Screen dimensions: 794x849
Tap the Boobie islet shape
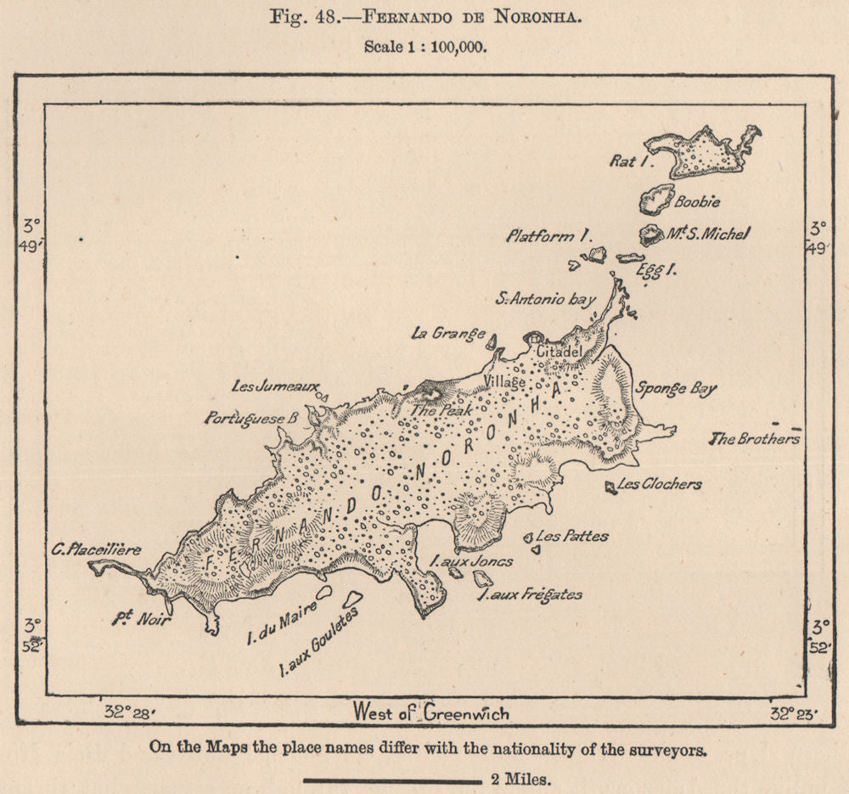[656, 198]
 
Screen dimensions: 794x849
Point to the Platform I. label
[548, 237]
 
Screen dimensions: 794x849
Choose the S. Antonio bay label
[545, 299]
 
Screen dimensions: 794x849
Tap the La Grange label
[448, 334]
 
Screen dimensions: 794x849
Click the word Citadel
[559, 351]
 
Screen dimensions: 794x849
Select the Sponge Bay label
[677, 389]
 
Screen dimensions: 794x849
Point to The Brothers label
[756, 439]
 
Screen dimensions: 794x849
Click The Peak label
[437, 409]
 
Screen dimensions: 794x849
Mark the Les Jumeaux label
[274, 386]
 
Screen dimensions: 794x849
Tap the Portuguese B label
[249, 419]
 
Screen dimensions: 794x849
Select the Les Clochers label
[659, 485]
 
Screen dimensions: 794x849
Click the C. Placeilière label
[95, 549]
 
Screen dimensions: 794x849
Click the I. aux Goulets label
[318, 642]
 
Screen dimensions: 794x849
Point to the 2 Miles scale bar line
[392, 779]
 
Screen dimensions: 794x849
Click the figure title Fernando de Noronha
[424, 17]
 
